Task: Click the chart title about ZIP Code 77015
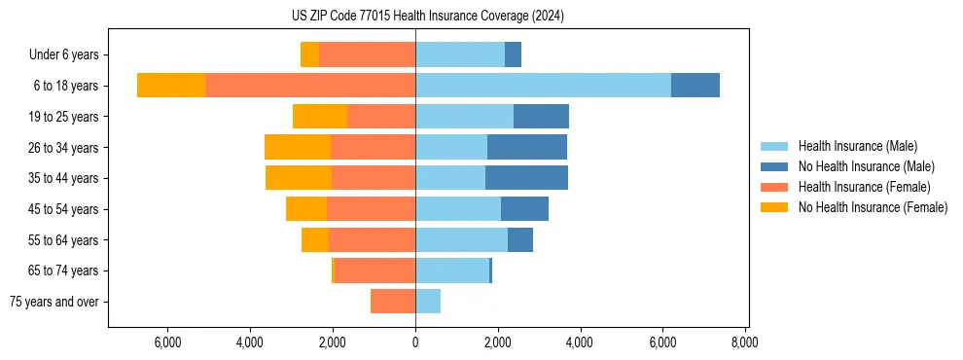tap(427, 17)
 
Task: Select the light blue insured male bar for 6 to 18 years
tap(543, 86)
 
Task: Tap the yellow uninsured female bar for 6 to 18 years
tap(171, 86)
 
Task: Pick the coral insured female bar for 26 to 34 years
tap(373, 147)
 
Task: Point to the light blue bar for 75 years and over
tap(428, 302)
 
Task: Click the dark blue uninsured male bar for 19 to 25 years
tap(541, 117)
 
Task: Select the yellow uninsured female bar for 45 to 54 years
tap(306, 209)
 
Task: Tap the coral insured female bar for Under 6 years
tap(367, 54)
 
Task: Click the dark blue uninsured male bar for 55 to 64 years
tap(520, 239)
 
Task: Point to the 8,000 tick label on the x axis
tap(745, 342)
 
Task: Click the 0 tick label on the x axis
tap(415, 342)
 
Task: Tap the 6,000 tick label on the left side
tap(167, 342)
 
